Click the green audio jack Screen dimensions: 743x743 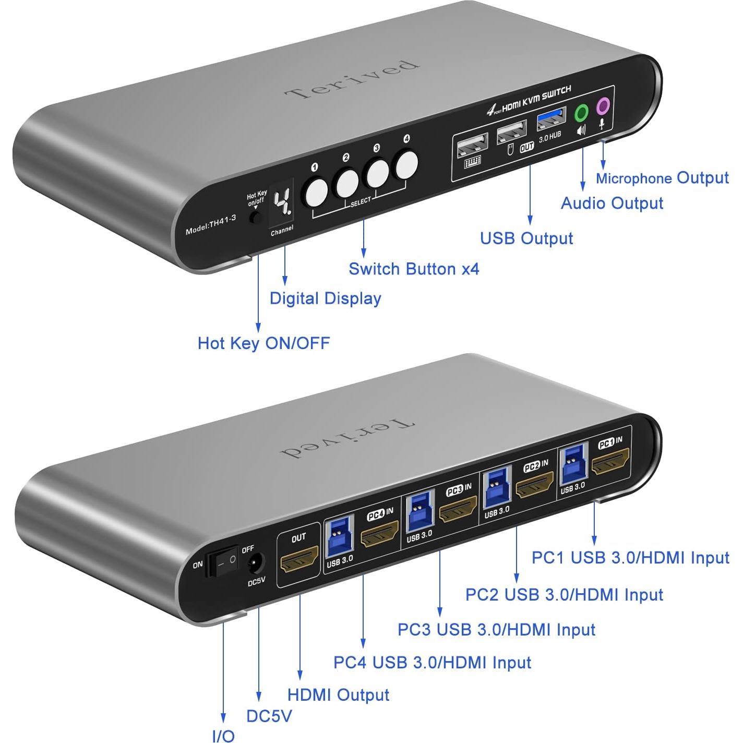tap(581, 112)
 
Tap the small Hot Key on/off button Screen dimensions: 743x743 tap(255, 218)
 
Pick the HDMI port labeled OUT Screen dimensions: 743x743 tap(299, 558)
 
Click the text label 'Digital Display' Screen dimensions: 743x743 tap(325, 298)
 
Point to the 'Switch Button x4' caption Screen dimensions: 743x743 tap(414, 269)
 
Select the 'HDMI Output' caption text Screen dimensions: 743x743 tap(338, 694)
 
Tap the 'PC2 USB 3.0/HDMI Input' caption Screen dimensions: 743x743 tap(564, 594)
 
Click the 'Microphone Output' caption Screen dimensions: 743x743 tap(662, 178)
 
